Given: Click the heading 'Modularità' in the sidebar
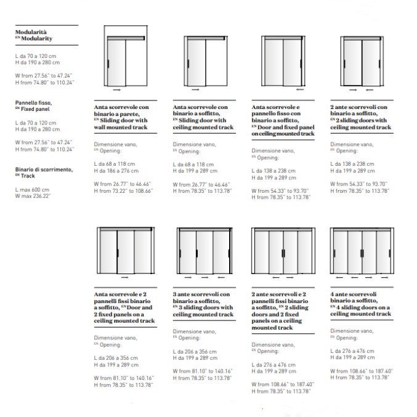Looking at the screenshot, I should click(x=31, y=31).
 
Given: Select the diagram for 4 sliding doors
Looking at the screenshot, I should click(x=360, y=253).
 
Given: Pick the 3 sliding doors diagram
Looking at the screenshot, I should click(x=203, y=253).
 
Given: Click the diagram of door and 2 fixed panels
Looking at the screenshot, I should click(x=126, y=253).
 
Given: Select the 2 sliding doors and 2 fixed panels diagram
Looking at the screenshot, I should click(x=282, y=253).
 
